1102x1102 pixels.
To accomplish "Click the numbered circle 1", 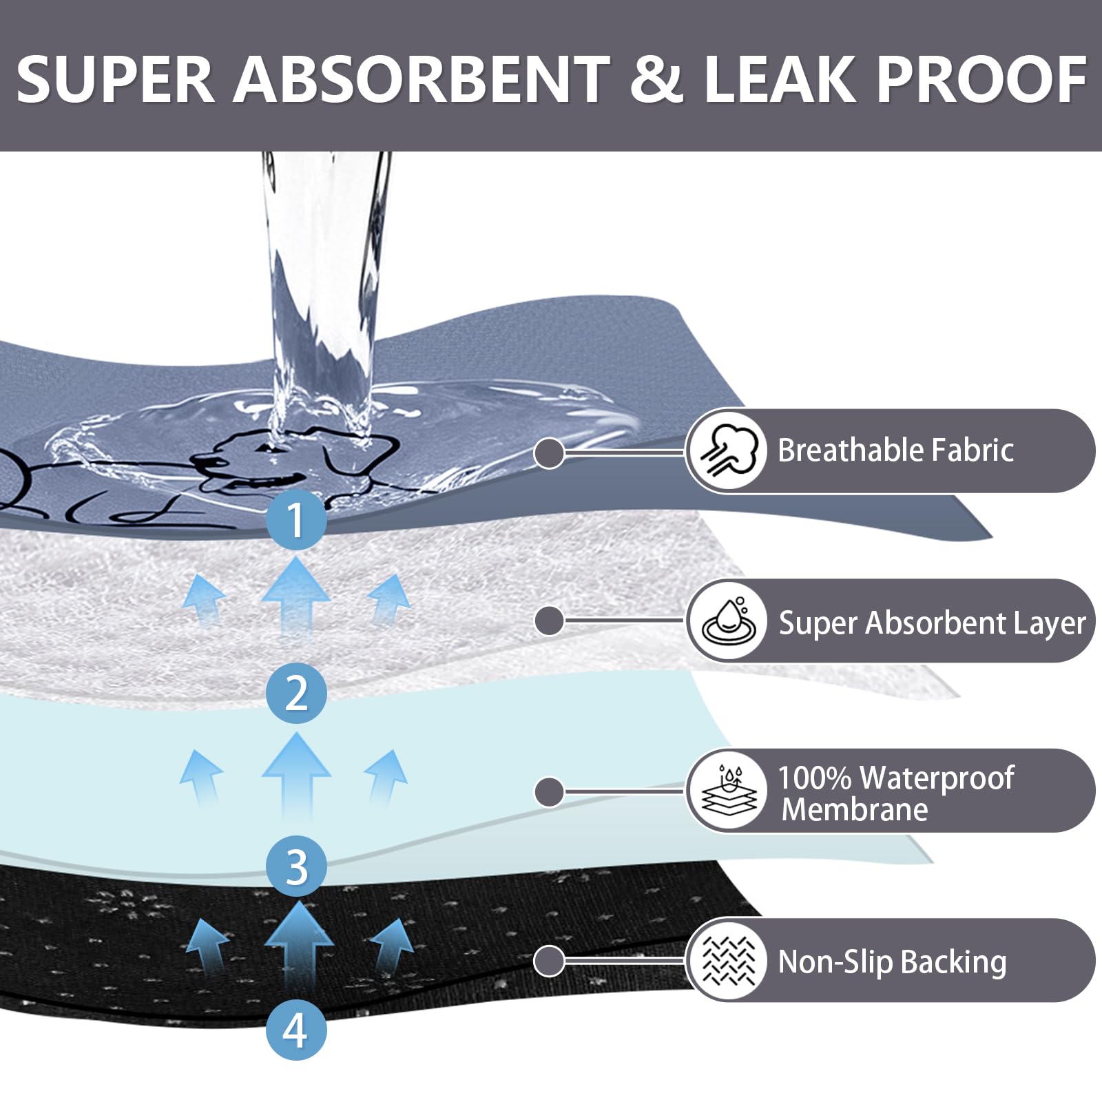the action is click(x=296, y=519).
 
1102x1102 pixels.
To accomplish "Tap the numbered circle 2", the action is click(x=296, y=693).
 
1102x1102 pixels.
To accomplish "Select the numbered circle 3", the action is click(x=296, y=866).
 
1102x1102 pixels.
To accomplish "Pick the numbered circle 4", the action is click(x=296, y=1030).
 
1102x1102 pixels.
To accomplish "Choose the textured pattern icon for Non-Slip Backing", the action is click(x=728, y=960).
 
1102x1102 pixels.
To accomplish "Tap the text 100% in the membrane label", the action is click(x=815, y=778).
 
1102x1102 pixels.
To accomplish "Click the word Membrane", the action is click(x=855, y=809).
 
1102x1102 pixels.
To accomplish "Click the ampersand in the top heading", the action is click(x=656, y=79).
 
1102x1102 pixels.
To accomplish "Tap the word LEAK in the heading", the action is click(x=779, y=79).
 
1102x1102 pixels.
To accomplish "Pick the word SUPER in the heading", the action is click(x=115, y=79).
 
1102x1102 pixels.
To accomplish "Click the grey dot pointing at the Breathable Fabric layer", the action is click(x=549, y=453).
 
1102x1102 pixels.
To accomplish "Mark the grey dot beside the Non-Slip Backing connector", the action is click(x=549, y=960).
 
